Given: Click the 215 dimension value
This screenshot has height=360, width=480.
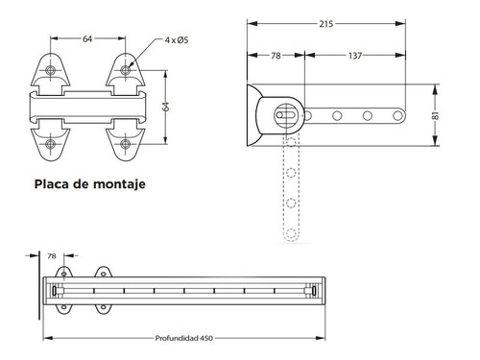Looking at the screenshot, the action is (326, 24).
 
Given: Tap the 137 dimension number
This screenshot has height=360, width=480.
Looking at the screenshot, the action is (355, 56).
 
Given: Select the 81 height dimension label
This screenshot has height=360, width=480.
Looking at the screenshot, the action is (436, 115).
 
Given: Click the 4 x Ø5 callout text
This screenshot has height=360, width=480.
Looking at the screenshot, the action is (177, 40).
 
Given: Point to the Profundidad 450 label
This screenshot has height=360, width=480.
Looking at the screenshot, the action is (184, 338).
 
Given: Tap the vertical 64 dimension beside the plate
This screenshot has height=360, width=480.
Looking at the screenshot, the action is (165, 107).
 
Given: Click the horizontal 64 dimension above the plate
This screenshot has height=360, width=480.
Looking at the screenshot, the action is (87, 38).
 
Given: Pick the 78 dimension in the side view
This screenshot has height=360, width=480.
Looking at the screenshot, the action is (276, 56).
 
